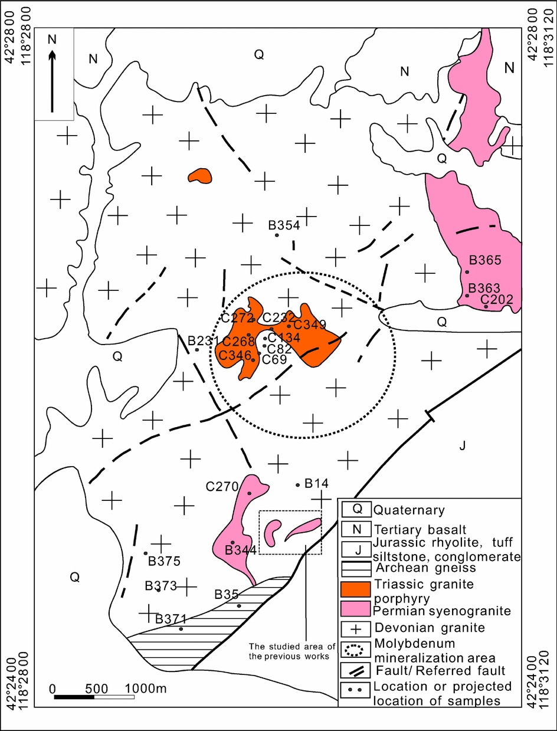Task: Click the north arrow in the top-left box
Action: [53, 81]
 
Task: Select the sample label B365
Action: [484, 260]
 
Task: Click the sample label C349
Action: [310, 324]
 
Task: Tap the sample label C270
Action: [222, 487]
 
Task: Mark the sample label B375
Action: [163, 561]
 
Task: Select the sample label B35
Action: [226, 594]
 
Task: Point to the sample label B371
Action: [171, 619]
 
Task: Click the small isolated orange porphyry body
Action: [199, 175]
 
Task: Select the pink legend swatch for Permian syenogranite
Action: [356, 608]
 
